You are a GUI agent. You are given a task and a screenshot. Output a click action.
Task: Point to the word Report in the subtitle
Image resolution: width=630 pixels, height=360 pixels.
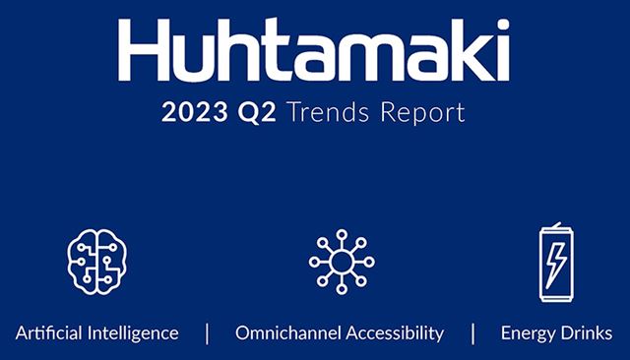(419, 113)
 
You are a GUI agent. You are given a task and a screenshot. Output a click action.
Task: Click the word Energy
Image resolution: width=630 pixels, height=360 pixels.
(528, 332)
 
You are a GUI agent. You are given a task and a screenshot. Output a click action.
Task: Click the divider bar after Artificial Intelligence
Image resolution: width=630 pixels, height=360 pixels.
(207, 332)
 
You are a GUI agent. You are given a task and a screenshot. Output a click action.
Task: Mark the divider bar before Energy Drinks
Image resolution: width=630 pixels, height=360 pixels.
(472, 332)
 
